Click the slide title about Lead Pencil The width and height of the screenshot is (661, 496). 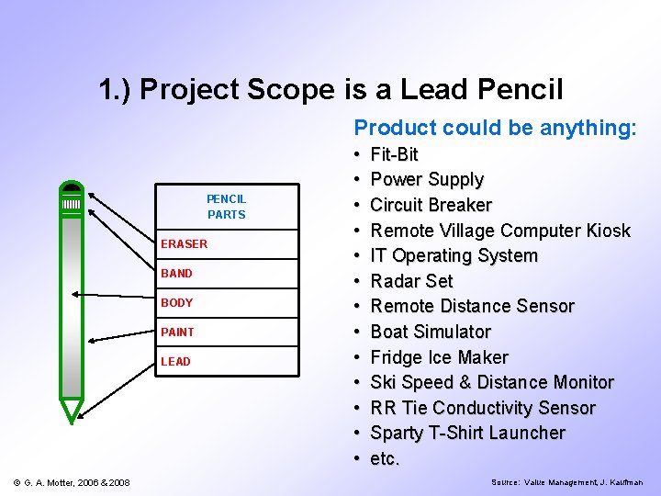pos(330,89)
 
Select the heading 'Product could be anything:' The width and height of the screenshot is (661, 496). pos(495,128)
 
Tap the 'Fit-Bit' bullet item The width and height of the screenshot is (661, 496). pos(394,154)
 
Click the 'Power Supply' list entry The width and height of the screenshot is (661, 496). pos(426,179)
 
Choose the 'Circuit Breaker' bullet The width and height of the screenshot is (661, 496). pos(431,205)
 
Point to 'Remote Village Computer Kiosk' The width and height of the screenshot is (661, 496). pos(499,230)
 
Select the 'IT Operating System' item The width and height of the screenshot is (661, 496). pos(454,255)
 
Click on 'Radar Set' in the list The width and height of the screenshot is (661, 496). pos(411,281)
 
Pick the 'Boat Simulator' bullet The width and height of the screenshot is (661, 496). pos(430,332)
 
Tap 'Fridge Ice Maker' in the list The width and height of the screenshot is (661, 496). pos(439,357)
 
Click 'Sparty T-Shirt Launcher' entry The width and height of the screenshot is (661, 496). pos(467,433)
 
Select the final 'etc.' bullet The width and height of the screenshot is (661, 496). pos(385,458)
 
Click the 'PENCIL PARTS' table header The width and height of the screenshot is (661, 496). pos(226,207)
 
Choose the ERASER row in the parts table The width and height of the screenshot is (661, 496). pos(185,243)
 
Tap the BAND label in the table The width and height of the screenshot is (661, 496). pos(177,273)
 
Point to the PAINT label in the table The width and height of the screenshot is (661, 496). pos(178,332)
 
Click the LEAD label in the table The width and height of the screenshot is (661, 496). pos(176,361)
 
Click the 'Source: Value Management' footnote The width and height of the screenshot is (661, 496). pos(566,482)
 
